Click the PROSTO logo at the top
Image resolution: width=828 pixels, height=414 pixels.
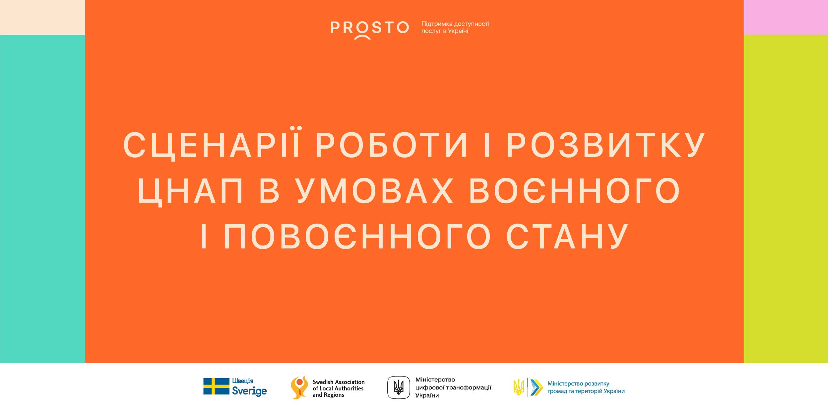tap(369, 30)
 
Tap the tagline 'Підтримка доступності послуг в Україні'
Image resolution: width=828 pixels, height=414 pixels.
tap(455, 28)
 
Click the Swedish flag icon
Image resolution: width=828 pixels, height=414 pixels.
tap(216, 386)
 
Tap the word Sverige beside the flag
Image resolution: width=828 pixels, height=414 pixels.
tap(249, 391)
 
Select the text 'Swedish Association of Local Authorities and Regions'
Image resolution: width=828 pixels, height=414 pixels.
tap(339, 388)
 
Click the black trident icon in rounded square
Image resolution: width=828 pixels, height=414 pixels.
tap(399, 387)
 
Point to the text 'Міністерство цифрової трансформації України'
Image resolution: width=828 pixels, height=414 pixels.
tap(453, 387)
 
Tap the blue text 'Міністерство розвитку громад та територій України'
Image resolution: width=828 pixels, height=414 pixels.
tap(586, 387)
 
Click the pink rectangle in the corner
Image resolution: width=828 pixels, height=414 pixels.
tap(786, 17)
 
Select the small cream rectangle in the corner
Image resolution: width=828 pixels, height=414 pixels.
tap(42, 17)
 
